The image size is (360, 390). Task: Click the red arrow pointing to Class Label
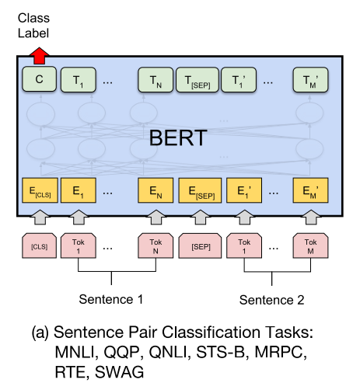(x=39, y=56)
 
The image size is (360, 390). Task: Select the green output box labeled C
(x=39, y=79)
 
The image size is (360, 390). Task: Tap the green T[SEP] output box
(x=197, y=80)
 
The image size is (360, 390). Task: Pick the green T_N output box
(x=156, y=80)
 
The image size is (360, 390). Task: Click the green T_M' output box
(x=310, y=80)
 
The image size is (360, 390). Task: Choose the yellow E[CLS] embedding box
(x=40, y=190)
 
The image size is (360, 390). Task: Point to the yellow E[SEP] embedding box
(x=200, y=190)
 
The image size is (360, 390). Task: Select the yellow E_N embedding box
(x=156, y=190)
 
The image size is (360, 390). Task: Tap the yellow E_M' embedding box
(x=310, y=190)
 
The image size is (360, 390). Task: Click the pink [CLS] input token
(x=39, y=245)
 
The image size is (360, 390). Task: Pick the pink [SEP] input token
(x=200, y=245)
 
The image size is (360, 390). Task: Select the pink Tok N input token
(x=156, y=245)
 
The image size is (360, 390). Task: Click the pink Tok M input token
(x=310, y=245)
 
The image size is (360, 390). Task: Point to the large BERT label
(x=178, y=138)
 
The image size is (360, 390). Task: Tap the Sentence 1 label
(x=111, y=299)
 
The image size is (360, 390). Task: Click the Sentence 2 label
(x=271, y=300)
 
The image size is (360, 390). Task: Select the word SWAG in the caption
(x=119, y=372)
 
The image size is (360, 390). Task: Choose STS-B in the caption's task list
(x=221, y=352)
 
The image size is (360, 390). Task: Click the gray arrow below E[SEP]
(x=201, y=218)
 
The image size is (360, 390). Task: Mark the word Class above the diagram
(x=33, y=18)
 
